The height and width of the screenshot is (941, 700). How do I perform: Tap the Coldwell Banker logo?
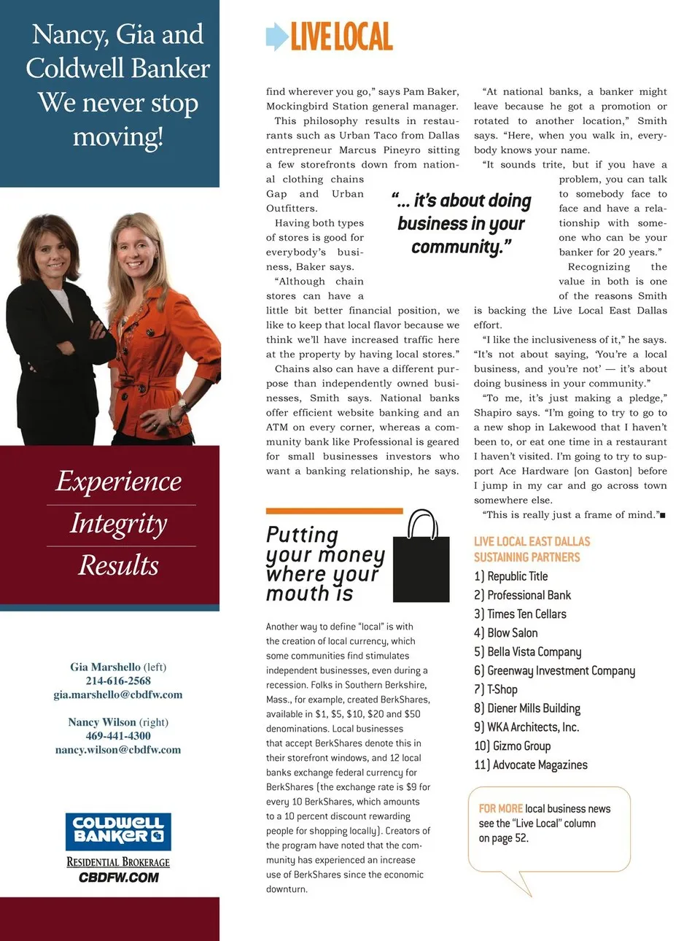(x=118, y=831)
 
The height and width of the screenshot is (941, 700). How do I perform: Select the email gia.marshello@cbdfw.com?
(x=118, y=694)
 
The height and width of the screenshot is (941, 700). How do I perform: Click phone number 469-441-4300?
(x=118, y=736)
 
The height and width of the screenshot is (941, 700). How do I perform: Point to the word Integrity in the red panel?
(x=119, y=524)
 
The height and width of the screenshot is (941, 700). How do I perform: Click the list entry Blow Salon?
(x=512, y=633)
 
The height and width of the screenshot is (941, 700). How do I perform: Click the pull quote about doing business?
(x=462, y=223)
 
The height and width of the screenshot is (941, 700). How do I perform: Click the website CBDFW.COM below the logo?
(x=118, y=878)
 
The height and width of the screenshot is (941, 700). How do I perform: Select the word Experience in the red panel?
(x=119, y=481)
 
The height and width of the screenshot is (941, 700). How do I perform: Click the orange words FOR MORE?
(x=500, y=808)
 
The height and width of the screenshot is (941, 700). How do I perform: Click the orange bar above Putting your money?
(x=334, y=511)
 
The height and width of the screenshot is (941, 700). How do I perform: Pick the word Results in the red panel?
(x=119, y=565)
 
